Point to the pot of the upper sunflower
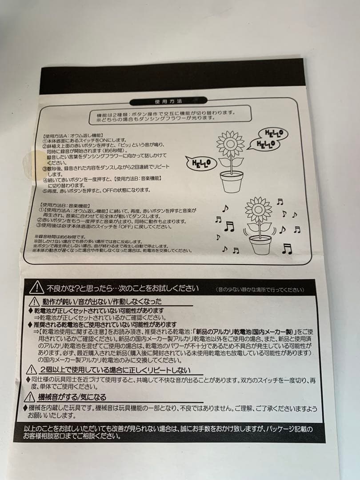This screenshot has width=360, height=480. (x=231, y=181)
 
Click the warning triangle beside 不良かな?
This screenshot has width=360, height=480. (x=36, y=288)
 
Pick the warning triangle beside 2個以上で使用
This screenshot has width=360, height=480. (x=31, y=369)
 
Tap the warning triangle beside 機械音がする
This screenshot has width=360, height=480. (x=31, y=397)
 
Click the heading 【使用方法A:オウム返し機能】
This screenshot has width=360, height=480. (x=73, y=135)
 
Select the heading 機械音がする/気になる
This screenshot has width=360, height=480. (x=72, y=397)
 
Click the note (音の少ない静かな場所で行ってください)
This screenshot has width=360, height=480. (x=260, y=290)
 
